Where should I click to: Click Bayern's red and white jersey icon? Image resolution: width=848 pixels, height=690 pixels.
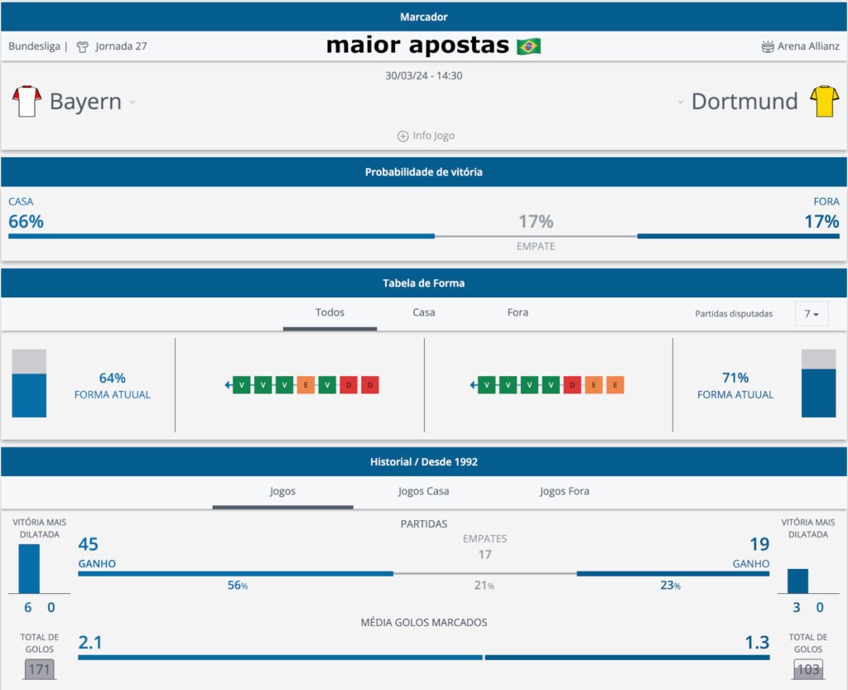[26, 101]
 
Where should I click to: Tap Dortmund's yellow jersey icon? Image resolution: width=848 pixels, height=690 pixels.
[825, 101]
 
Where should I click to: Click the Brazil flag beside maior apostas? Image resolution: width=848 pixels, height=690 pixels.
[528, 46]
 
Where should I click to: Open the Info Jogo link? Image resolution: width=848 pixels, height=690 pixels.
[426, 136]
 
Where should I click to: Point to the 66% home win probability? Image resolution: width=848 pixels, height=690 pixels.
[26, 221]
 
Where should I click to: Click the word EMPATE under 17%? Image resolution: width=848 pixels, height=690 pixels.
[536, 246]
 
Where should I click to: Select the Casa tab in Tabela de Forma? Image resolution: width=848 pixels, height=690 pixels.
[423, 312]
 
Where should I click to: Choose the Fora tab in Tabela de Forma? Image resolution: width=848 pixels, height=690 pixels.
[518, 312]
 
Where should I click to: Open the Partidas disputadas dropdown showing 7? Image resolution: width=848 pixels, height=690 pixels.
[811, 314]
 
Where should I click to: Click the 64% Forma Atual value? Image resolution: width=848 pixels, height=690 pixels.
[112, 379]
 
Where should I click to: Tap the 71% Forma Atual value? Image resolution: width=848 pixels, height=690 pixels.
[735, 379]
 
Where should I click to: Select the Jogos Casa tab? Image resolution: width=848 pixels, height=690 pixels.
[423, 491]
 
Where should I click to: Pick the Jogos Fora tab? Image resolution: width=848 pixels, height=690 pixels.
[564, 491]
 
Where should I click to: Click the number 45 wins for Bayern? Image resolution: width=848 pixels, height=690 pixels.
[88, 544]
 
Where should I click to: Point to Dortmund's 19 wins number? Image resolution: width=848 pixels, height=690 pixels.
[759, 544]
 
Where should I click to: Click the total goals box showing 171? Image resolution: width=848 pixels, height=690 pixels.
[38, 668]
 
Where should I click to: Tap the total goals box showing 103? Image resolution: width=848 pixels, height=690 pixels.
[807, 668]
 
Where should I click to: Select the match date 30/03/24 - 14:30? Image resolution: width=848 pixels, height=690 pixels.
[423, 75]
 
